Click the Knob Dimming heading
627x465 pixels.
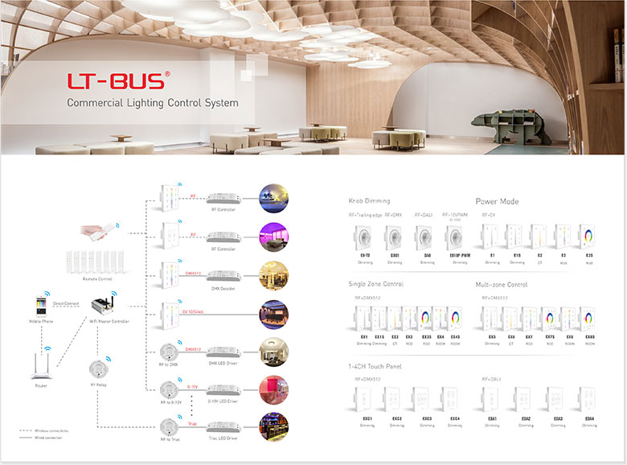[x=369, y=200]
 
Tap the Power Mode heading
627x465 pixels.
[x=498, y=201]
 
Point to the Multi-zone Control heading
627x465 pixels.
[x=502, y=284]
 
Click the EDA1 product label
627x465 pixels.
[x=492, y=418]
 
